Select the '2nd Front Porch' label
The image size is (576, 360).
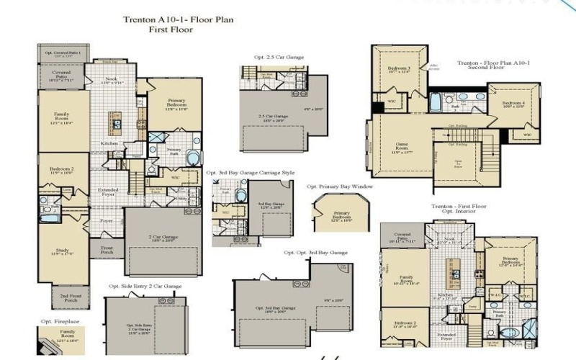pos(70,297)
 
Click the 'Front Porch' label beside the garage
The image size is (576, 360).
pos(107,248)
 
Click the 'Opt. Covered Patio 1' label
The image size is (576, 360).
pos(63,53)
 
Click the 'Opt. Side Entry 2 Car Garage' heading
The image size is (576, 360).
pos(145,286)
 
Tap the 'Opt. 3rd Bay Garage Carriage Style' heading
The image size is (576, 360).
pos(250,173)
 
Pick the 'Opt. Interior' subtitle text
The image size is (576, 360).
pos(458,213)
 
